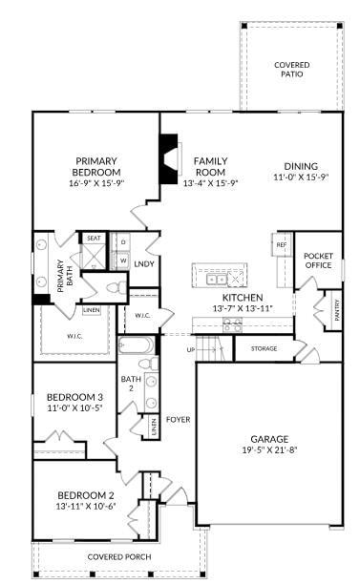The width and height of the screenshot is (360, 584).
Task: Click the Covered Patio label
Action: [x=291, y=69]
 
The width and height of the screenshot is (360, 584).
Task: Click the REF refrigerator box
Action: [x=282, y=244]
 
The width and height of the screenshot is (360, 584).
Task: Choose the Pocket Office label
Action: [x=318, y=261]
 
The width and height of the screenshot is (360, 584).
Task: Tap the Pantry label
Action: [x=336, y=310]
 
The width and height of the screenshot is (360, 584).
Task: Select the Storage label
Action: [x=265, y=348]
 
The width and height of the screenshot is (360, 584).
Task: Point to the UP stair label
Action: [x=190, y=348]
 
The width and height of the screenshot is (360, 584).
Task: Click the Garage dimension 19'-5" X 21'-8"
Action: [x=269, y=450]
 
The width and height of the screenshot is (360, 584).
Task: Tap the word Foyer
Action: [x=179, y=419]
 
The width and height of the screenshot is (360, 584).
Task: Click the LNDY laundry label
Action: [x=144, y=263]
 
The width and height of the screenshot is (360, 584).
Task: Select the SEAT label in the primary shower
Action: [x=94, y=238]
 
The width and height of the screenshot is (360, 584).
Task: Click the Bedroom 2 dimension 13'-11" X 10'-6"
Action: [x=86, y=506]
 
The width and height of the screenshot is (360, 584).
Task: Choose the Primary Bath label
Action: [x=61, y=276]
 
